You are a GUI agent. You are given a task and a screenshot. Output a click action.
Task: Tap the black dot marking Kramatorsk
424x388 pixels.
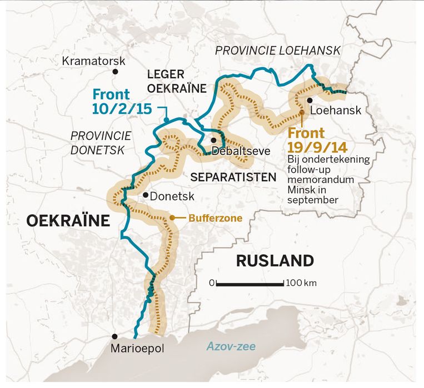click(115, 72)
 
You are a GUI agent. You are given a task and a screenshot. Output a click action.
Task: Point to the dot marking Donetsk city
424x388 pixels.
click(144, 194)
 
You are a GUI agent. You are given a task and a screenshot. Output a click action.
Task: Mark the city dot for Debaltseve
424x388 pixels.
click(213, 140)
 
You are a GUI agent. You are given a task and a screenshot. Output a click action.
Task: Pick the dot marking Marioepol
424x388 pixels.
click(115, 336)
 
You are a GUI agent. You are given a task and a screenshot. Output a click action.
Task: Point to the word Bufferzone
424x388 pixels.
click(215, 218)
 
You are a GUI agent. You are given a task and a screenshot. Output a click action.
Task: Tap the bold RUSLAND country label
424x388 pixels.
click(275, 260)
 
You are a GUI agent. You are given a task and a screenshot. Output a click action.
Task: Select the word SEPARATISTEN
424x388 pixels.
click(233, 177)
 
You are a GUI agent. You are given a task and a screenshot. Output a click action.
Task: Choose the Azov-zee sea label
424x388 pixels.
click(231, 347)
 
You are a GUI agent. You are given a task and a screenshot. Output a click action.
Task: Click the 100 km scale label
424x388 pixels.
click(302, 283)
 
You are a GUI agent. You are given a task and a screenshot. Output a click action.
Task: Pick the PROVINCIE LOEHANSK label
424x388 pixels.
click(277, 51)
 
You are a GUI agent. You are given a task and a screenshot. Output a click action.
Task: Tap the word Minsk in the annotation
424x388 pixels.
click(301, 189)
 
